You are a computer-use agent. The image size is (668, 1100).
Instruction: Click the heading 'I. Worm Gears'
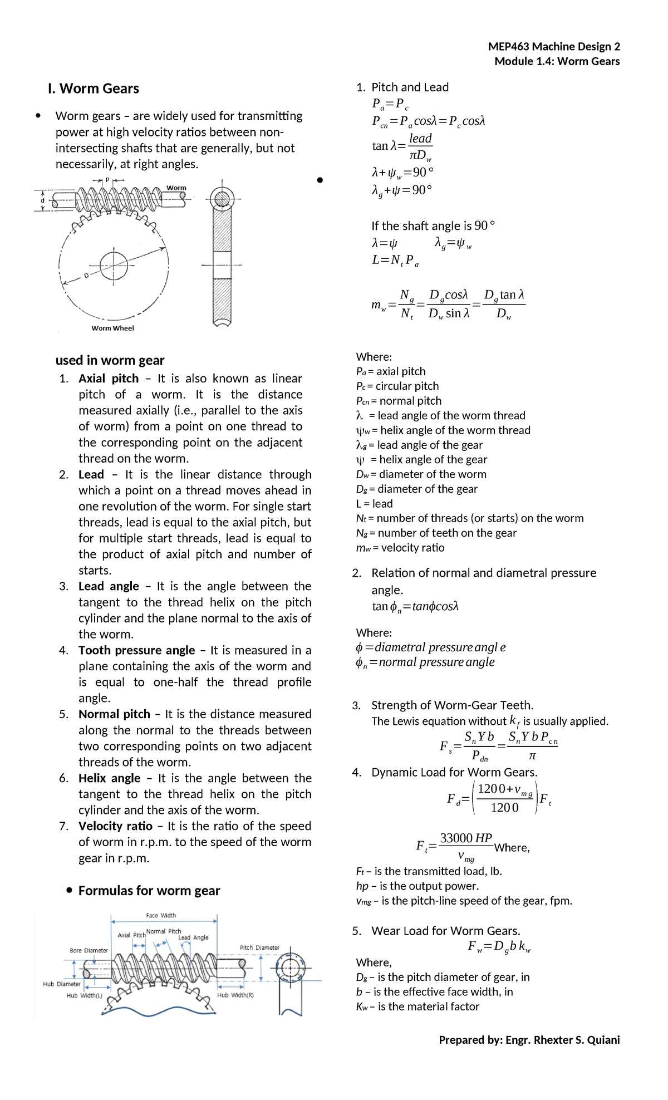[94, 89]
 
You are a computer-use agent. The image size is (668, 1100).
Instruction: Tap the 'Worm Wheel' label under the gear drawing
[112, 328]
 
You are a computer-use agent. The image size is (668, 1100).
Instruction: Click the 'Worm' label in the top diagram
[176, 188]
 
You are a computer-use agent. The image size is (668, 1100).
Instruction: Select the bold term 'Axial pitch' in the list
[109, 379]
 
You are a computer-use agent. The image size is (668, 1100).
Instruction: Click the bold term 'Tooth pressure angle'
[136, 650]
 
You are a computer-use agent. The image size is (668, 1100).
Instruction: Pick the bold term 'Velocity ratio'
[115, 826]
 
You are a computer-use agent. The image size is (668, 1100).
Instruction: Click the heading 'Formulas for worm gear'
[149, 891]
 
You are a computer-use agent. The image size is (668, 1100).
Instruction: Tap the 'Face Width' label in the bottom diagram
[161, 915]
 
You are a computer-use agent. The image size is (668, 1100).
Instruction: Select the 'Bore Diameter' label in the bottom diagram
[89, 950]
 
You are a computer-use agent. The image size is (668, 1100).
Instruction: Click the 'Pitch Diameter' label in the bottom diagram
[259, 947]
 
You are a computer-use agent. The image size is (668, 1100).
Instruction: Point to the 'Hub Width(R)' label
[235, 995]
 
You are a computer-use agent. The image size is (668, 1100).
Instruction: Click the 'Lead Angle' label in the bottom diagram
[193, 937]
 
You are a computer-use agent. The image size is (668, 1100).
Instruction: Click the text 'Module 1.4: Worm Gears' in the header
[557, 61]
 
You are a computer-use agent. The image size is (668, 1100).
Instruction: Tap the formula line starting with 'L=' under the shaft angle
[395, 261]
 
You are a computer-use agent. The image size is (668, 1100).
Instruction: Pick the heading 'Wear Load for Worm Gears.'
[445, 931]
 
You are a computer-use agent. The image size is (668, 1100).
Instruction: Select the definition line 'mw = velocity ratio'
[400, 548]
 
